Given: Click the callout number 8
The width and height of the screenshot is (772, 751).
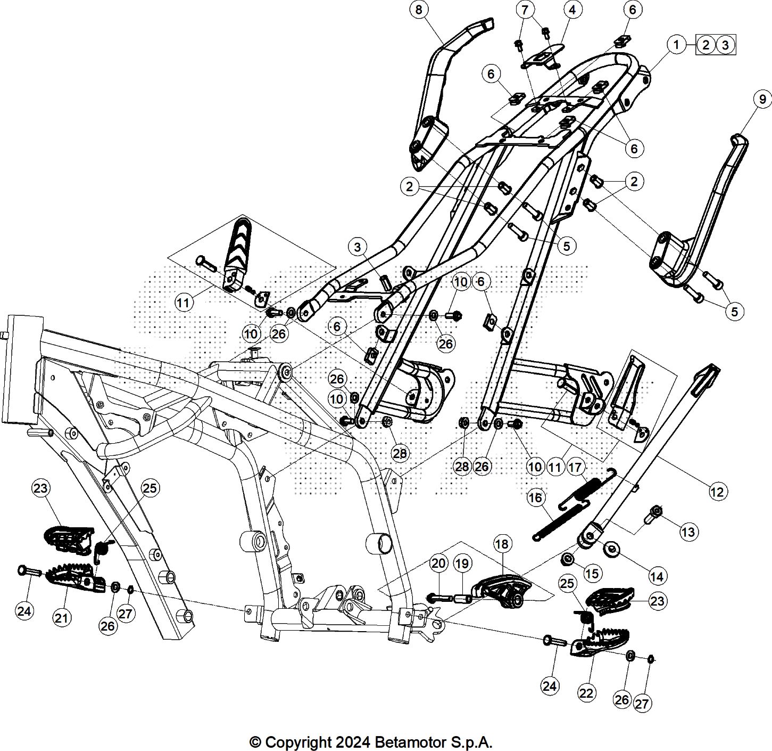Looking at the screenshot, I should pos(419,10).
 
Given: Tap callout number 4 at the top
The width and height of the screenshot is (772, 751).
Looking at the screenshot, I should pos(572,10).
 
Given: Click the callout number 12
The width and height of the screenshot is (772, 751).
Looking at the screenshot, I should pos(717,491).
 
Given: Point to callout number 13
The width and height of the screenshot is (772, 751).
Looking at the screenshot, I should pos(688,532).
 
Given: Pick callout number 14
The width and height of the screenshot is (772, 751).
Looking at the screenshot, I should pos(657,576).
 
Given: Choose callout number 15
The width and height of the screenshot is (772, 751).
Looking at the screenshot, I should pos(592,573).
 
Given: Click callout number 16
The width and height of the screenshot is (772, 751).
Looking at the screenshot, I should pos(535,497).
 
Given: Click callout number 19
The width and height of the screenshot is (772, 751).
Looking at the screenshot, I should pos(462,563).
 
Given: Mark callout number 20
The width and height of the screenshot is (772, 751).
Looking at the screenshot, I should pos(438,563).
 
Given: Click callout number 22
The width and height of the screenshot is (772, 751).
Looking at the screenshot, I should pos(586,693).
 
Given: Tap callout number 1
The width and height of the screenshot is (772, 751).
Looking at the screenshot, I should pos(676,44).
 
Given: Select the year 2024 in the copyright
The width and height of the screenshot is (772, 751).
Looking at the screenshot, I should pos(351,741).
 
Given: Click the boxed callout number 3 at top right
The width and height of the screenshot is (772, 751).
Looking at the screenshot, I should pos(725,45).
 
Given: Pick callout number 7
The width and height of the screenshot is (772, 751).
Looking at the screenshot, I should pos(525,10).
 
